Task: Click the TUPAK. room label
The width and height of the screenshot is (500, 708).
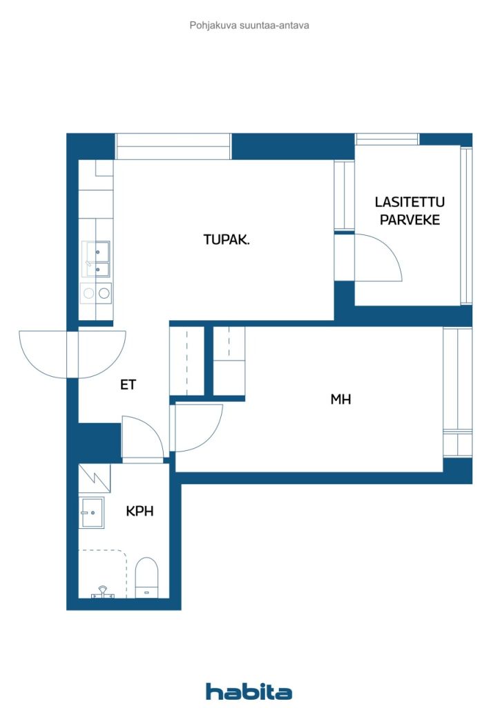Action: click(227, 239)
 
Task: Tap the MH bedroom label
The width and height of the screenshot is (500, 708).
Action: click(340, 399)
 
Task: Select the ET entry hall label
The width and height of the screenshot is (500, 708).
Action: click(128, 384)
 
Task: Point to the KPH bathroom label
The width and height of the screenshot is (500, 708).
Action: click(140, 511)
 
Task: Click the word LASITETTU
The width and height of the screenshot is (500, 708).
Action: click(410, 202)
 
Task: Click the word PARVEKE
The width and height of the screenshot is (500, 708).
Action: click(410, 220)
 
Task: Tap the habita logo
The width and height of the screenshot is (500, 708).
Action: click(249, 691)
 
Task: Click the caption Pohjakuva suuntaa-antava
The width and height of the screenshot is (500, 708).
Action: click(249, 26)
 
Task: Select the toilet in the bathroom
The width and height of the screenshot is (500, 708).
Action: click(147, 577)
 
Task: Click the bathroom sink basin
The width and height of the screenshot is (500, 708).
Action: click(92, 512)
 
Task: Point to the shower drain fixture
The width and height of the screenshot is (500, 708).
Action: click(103, 592)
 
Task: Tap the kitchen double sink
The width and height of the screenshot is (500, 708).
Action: click(96, 259)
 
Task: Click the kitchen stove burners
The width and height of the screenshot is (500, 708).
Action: click(96, 293)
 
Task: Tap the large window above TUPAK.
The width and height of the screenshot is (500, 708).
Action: click(173, 147)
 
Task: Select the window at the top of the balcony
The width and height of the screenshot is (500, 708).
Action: click(387, 139)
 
